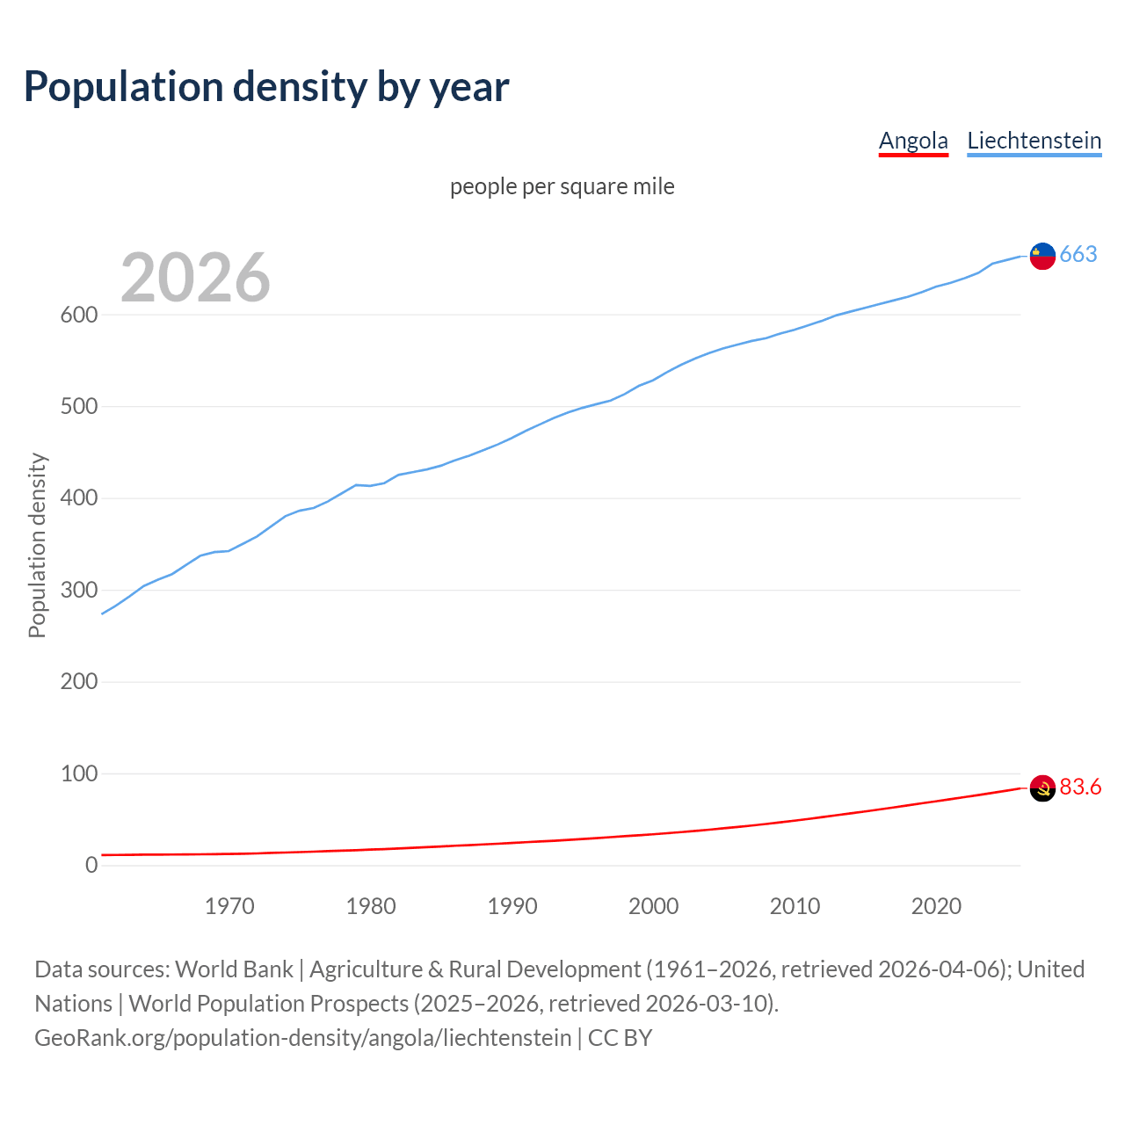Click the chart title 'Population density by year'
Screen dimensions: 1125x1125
point(266,86)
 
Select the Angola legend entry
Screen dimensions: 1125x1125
point(913,141)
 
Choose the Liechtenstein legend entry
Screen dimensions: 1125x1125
point(1034,141)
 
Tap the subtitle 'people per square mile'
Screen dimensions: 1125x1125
point(562,186)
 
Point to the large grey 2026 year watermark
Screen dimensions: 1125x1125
point(195,278)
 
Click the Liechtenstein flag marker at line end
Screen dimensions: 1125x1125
point(1042,256)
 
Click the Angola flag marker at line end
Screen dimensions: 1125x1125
point(1042,788)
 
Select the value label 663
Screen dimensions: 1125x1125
point(1078,254)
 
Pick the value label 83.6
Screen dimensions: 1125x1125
point(1080,787)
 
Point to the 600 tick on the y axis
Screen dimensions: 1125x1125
point(78,315)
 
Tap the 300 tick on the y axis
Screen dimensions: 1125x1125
point(78,590)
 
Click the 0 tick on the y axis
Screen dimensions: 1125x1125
point(91,865)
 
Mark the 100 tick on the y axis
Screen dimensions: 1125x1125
point(78,773)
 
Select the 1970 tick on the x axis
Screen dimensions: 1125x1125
point(229,906)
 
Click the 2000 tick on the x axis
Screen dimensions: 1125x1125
point(653,906)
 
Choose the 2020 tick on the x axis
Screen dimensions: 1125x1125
point(936,906)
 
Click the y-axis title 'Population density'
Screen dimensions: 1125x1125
point(37,545)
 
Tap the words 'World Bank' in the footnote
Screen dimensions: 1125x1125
point(234,969)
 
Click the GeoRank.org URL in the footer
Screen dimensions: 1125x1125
point(302,1037)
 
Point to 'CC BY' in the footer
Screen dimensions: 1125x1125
point(620,1037)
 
